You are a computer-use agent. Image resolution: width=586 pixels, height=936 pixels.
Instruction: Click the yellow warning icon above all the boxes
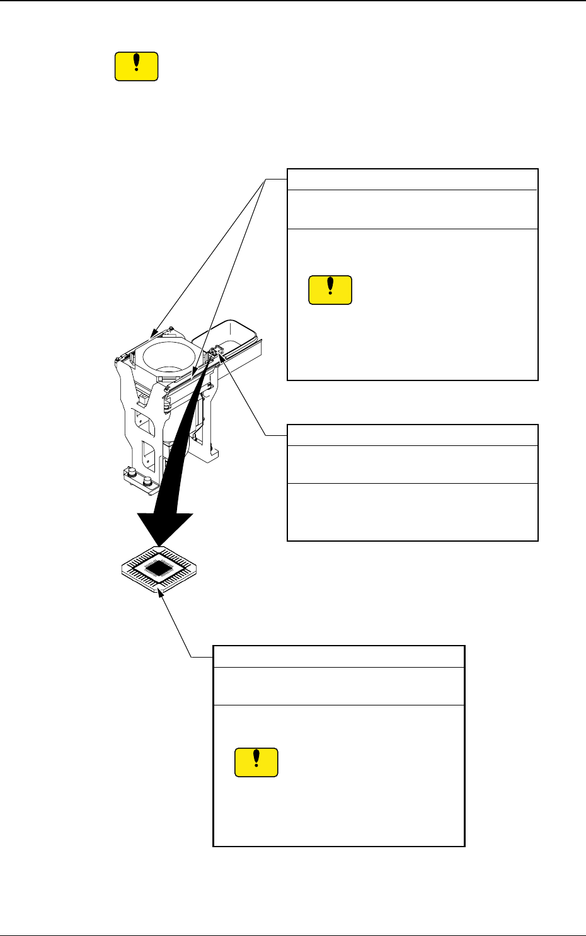pos(136,67)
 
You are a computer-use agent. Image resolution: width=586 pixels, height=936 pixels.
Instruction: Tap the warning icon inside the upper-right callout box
pos(330,290)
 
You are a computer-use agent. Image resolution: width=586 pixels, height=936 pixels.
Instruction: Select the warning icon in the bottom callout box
pos(256,762)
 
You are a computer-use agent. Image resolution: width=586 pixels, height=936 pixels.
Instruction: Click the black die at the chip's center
pos(158,569)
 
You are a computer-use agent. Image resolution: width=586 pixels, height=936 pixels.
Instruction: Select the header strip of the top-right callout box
pos(413,180)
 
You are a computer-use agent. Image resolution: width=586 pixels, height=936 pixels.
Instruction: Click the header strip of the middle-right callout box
pos(413,435)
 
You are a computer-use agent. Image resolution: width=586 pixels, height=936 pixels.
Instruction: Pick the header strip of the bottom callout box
pos(339,656)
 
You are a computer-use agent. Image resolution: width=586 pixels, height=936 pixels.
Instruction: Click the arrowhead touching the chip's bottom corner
pos(163,596)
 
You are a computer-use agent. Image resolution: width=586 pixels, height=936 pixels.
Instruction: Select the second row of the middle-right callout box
pos(413,464)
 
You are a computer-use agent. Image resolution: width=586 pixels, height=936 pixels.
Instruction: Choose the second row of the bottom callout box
pos(339,686)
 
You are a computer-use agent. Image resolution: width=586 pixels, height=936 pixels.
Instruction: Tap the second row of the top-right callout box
pos(413,209)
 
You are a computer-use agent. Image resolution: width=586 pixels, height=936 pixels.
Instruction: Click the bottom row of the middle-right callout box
pos(413,511)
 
